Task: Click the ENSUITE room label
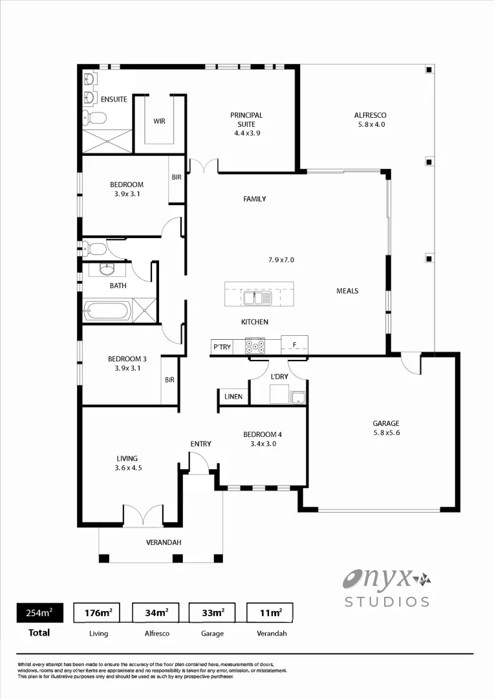(x=114, y=100)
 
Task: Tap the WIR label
(x=159, y=121)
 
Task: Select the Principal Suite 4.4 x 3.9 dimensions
(x=246, y=133)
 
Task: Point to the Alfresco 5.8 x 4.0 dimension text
(x=370, y=124)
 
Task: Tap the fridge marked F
(x=294, y=344)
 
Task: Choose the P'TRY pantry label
(x=222, y=348)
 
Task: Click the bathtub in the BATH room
(x=108, y=310)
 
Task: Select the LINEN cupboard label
(x=233, y=397)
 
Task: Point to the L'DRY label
(x=279, y=376)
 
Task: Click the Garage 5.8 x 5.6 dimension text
(x=386, y=433)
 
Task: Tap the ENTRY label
(x=200, y=444)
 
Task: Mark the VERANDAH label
(x=164, y=542)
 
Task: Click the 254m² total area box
(x=39, y=612)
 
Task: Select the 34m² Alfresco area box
(x=156, y=612)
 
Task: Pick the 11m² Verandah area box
(x=270, y=612)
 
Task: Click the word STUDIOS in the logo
(x=387, y=602)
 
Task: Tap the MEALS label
(x=347, y=291)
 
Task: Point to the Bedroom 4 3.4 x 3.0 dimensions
(x=263, y=444)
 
